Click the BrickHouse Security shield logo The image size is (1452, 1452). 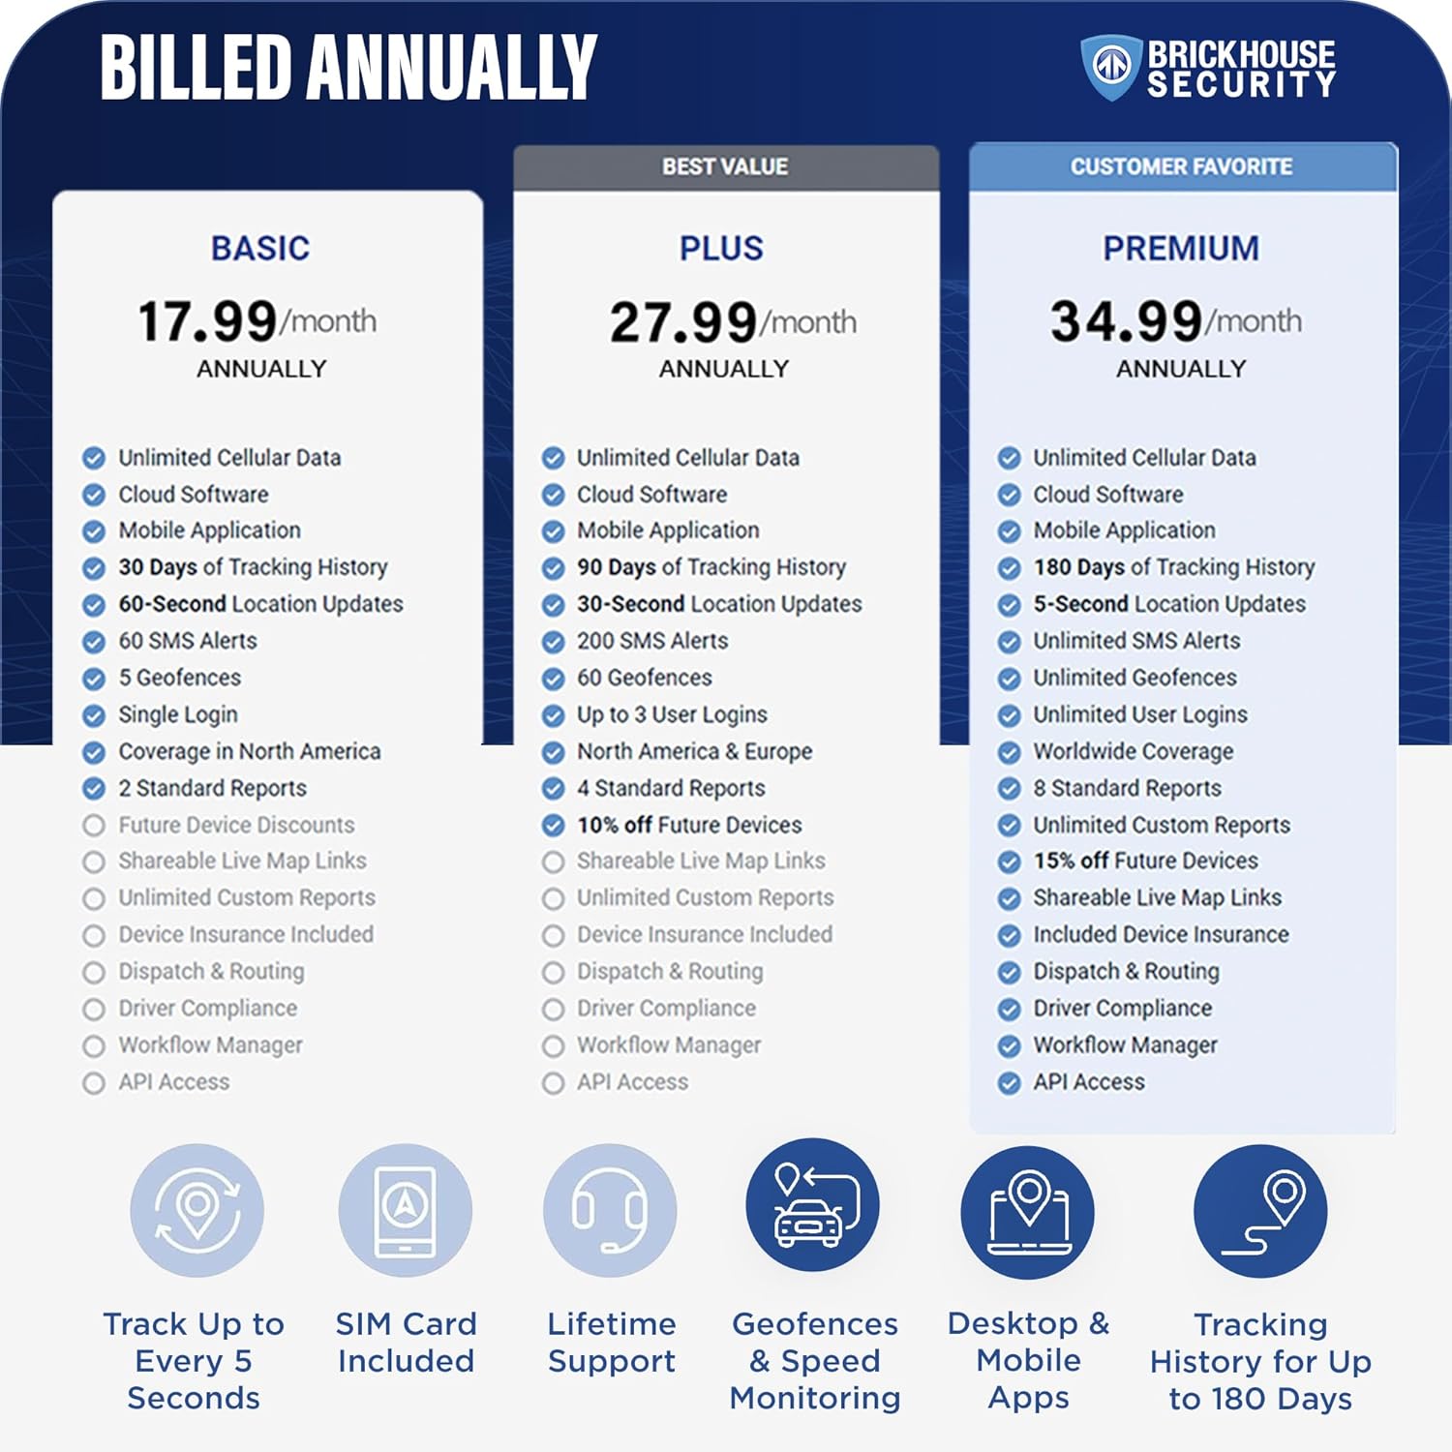click(x=1111, y=67)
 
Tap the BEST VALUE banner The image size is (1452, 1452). click(x=725, y=166)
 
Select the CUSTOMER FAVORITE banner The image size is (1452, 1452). click(x=1181, y=166)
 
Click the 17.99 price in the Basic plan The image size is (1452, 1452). click(x=208, y=321)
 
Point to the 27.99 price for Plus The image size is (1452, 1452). click(x=682, y=322)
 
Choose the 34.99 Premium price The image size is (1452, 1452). click(x=1127, y=321)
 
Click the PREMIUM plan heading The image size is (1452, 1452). click(x=1181, y=249)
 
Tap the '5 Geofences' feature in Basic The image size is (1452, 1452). click(x=179, y=678)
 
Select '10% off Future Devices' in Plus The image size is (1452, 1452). click(x=689, y=825)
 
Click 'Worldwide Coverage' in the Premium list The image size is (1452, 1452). click(x=1133, y=751)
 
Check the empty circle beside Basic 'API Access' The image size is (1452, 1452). click(x=94, y=1083)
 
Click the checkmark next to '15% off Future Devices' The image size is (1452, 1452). click(x=1010, y=862)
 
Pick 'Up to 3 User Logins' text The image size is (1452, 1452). click(x=672, y=714)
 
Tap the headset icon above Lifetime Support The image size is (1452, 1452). click(x=610, y=1210)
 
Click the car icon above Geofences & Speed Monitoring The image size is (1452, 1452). click(x=812, y=1205)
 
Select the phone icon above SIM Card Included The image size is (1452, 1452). click(x=405, y=1210)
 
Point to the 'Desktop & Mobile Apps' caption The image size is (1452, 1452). click(x=1028, y=1360)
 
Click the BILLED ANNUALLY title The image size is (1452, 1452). click(x=348, y=68)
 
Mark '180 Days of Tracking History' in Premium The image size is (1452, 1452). click(x=1173, y=567)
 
